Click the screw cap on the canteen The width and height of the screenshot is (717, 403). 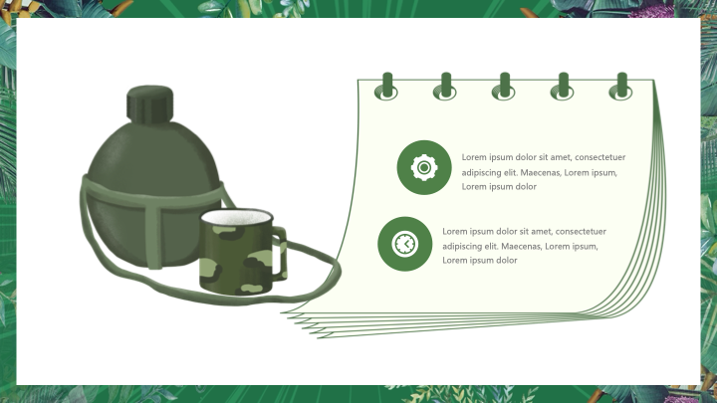tap(150, 104)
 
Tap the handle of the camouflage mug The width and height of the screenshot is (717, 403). tap(280, 253)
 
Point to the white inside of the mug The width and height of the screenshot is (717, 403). tap(236, 218)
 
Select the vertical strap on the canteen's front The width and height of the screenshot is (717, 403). tap(154, 234)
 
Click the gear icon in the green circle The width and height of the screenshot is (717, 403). tap(424, 168)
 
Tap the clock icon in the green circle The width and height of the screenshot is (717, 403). tap(404, 244)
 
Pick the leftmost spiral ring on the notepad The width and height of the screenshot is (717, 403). tap(386, 87)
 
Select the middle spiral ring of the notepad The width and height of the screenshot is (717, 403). tap(504, 87)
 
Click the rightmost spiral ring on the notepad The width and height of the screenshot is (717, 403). tap(621, 87)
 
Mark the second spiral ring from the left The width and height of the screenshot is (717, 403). tap(445, 87)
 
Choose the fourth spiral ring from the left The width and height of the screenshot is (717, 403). tap(563, 87)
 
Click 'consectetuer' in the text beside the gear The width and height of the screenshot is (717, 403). tap(599, 157)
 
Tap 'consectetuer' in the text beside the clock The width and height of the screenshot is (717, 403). tap(581, 231)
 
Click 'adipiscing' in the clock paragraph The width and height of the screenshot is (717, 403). tap(463, 247)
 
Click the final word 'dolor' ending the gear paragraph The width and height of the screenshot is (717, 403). tap(526, 186)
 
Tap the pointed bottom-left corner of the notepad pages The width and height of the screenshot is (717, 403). tap(282, 312)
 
